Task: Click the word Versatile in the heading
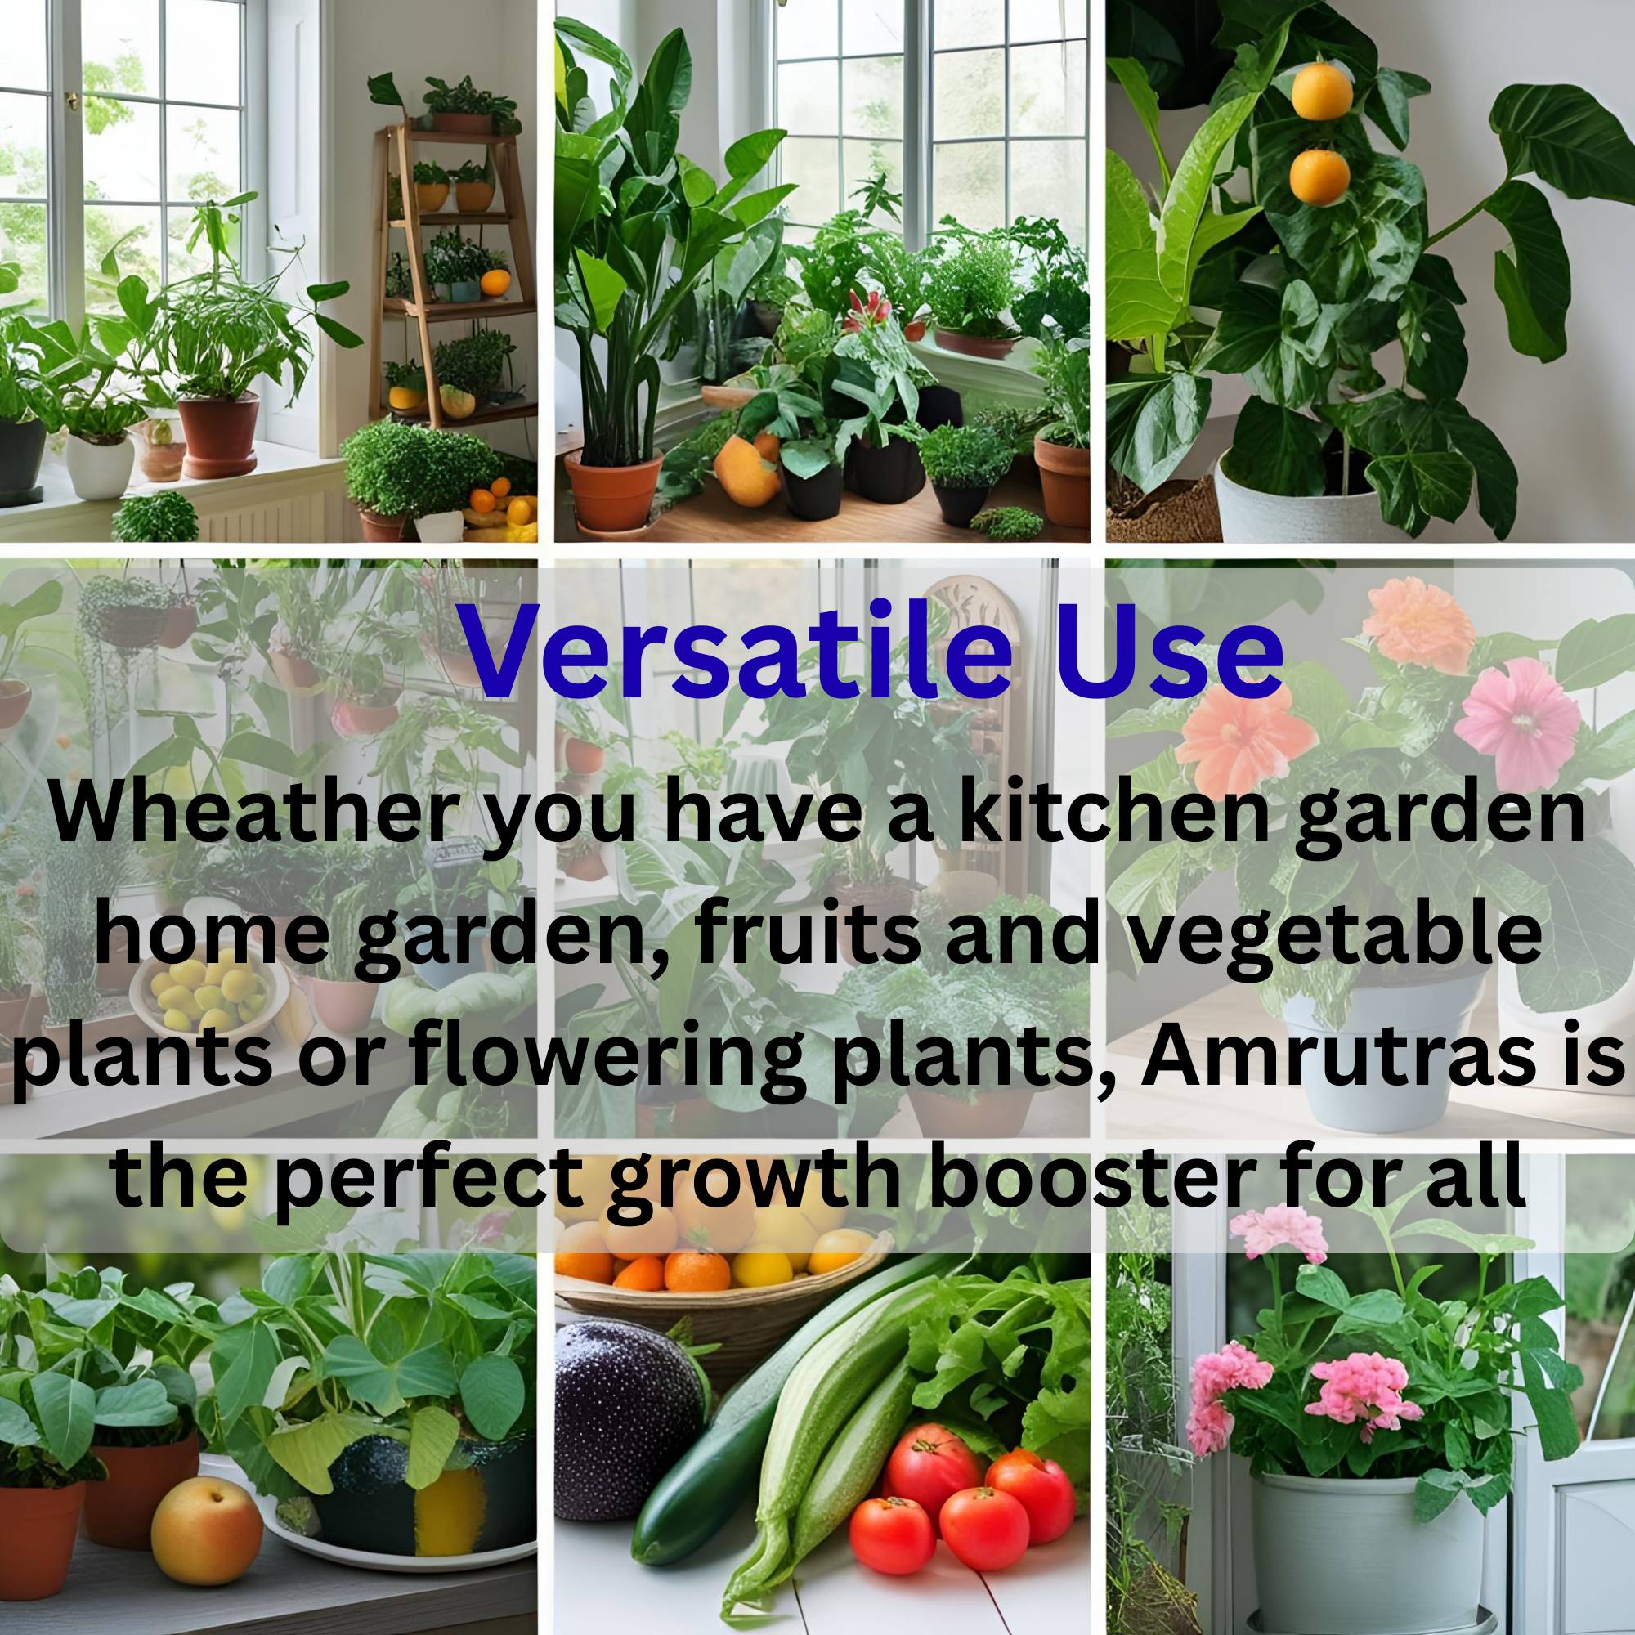click(737, 652)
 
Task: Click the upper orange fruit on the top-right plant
click(1323, 92)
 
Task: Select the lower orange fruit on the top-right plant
click(1319, 177)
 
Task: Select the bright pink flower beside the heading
click(1517, 724)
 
